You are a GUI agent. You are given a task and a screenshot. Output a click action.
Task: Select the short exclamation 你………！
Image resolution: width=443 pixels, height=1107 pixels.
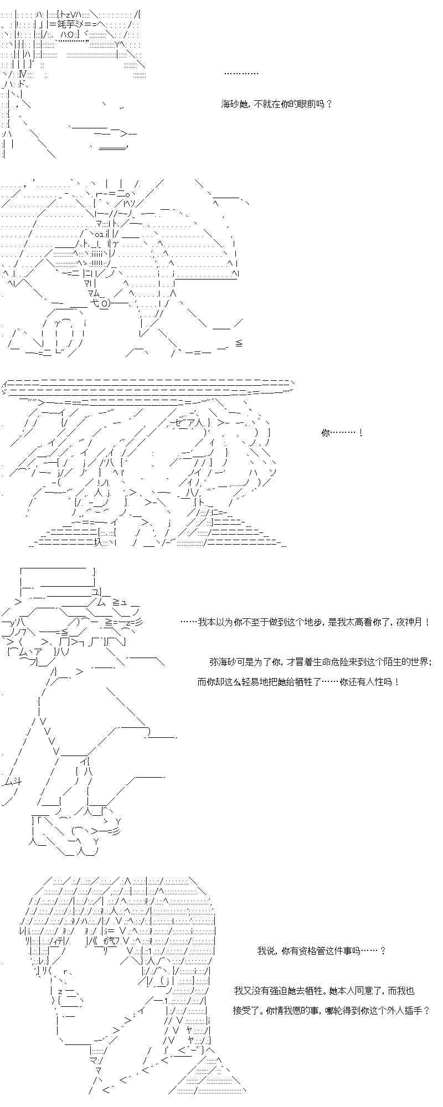coord(341,433)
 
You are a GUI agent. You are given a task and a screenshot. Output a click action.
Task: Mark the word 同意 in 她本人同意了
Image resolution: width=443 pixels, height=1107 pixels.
coord(367,991)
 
